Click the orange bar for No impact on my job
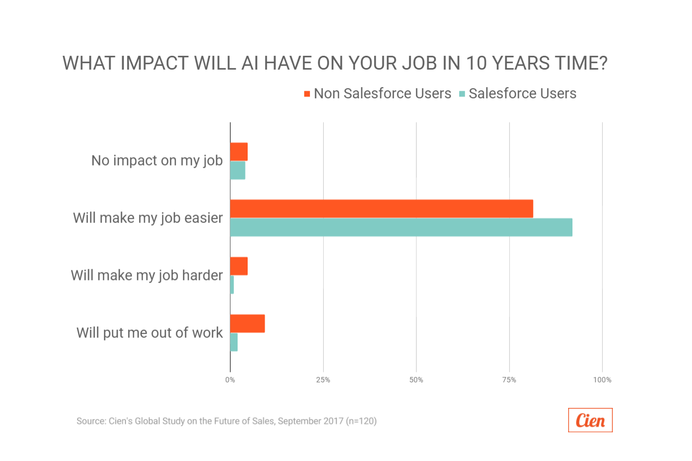coord(239,151)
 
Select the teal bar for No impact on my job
coord(238,170)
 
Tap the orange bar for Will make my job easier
coord(381,209)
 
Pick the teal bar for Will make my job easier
coord(401,227)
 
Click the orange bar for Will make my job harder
coord(239,266)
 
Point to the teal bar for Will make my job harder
coord(232,285)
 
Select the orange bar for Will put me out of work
coord(247,323)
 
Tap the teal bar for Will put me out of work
coord(234,342)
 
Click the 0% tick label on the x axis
coord(230,380)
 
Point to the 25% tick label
coord(323,380)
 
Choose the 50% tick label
coord(416,380)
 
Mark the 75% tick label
coord(509,380)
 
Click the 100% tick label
coord(602,380)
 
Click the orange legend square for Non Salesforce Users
coord(307,94)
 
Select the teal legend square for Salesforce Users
coord(462,94)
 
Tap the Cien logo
coord(590,420)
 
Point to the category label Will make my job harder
coord(147,275)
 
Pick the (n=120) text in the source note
coord(361,421)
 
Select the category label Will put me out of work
coord(149,332)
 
